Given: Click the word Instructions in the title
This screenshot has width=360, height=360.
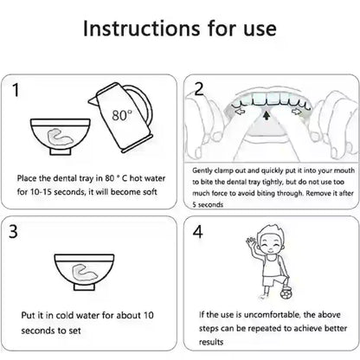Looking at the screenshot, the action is [x=141, y=29].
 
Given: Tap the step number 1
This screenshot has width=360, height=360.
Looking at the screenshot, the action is [x=16, y=89].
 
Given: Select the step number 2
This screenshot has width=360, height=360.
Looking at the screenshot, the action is [x=199, y=89].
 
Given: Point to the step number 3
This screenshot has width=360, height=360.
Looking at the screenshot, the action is [x=13, y=231].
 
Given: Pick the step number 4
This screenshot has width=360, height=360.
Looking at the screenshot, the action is [x=198, y=231].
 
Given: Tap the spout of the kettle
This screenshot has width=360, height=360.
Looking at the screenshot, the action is [x=93, y=100].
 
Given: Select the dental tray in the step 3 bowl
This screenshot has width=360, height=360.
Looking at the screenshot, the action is [x=84, y=272].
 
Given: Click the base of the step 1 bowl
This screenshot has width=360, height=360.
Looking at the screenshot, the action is [x=60, y=151].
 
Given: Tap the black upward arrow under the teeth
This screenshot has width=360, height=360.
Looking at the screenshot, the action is [x=267, y=116].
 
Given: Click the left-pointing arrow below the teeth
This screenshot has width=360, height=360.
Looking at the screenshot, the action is [x=240, y=112].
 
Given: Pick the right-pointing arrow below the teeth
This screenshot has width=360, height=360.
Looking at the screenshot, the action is [x=296, y=112].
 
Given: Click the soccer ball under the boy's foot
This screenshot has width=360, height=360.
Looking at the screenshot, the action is [x=286, y=293].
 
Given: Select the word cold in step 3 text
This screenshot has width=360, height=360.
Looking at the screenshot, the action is [x=66, y=315].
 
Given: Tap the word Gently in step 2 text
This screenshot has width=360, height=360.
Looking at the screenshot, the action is [x=202, y=170].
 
